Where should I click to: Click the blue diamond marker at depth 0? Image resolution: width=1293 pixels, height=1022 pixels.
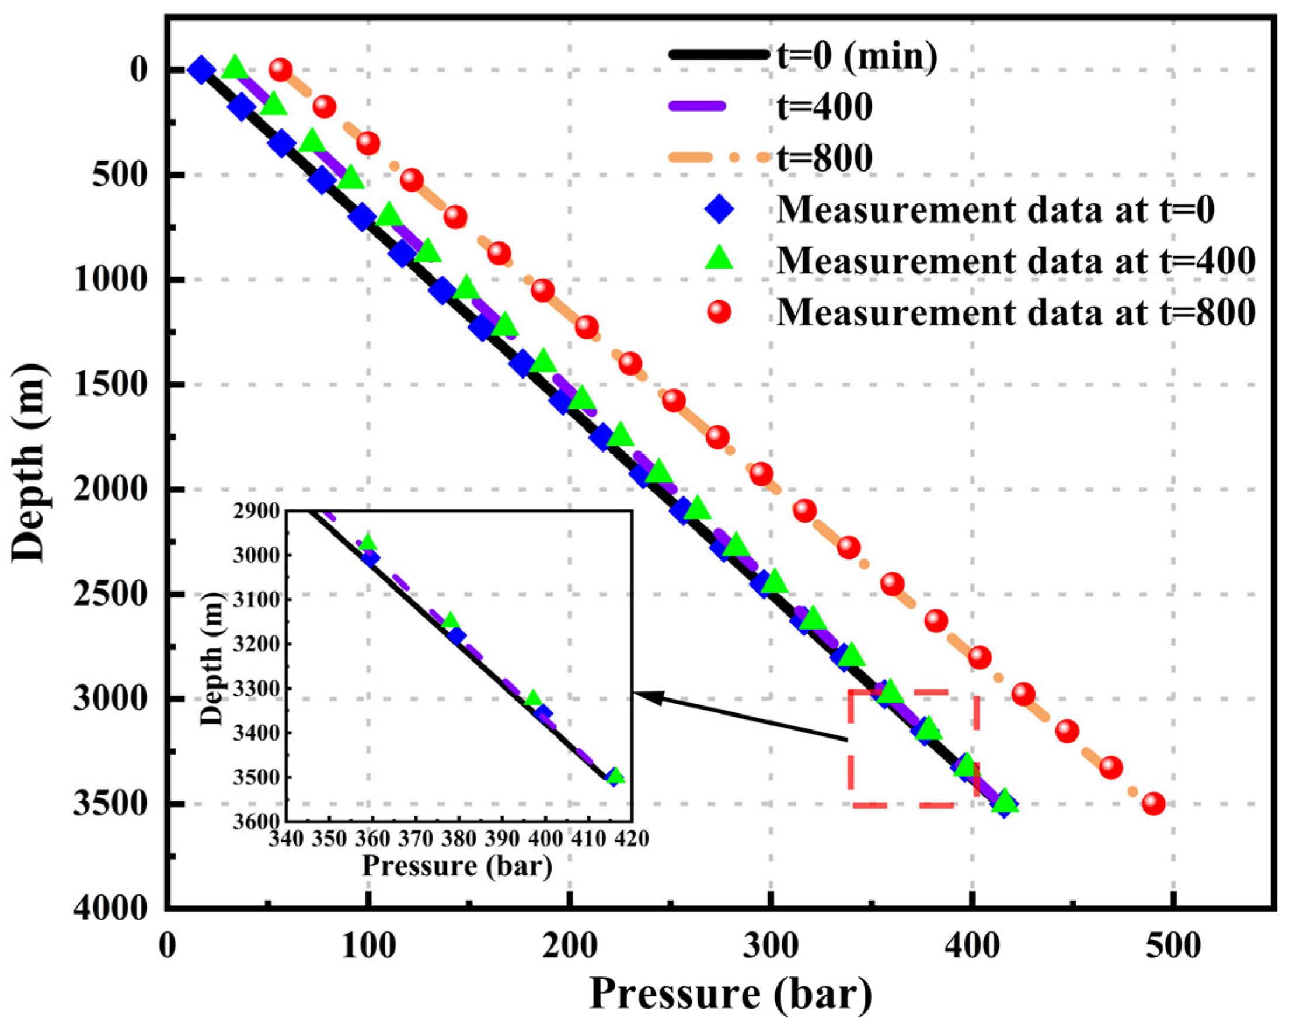click(201, 70)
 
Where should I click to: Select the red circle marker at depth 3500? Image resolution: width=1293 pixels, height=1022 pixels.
click(1153, 804)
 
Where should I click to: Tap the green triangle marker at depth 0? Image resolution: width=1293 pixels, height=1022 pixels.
click(235, 68)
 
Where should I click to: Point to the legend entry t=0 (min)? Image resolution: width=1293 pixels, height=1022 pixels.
click(856, 55)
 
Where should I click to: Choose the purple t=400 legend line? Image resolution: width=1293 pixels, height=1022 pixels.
click(698, 106)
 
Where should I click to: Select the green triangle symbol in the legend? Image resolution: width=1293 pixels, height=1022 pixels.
click(719, 260)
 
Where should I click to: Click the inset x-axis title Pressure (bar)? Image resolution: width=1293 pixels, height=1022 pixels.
click(457, 866)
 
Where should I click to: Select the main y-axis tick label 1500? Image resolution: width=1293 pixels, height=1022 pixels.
click(109, 384)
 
